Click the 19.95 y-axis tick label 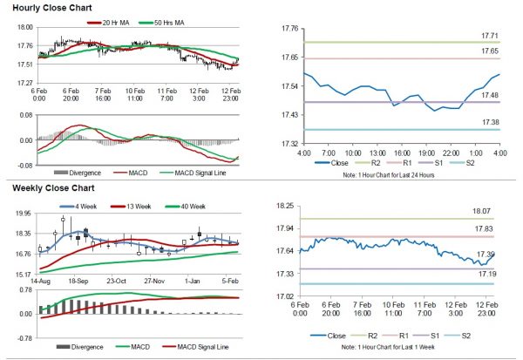23,213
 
